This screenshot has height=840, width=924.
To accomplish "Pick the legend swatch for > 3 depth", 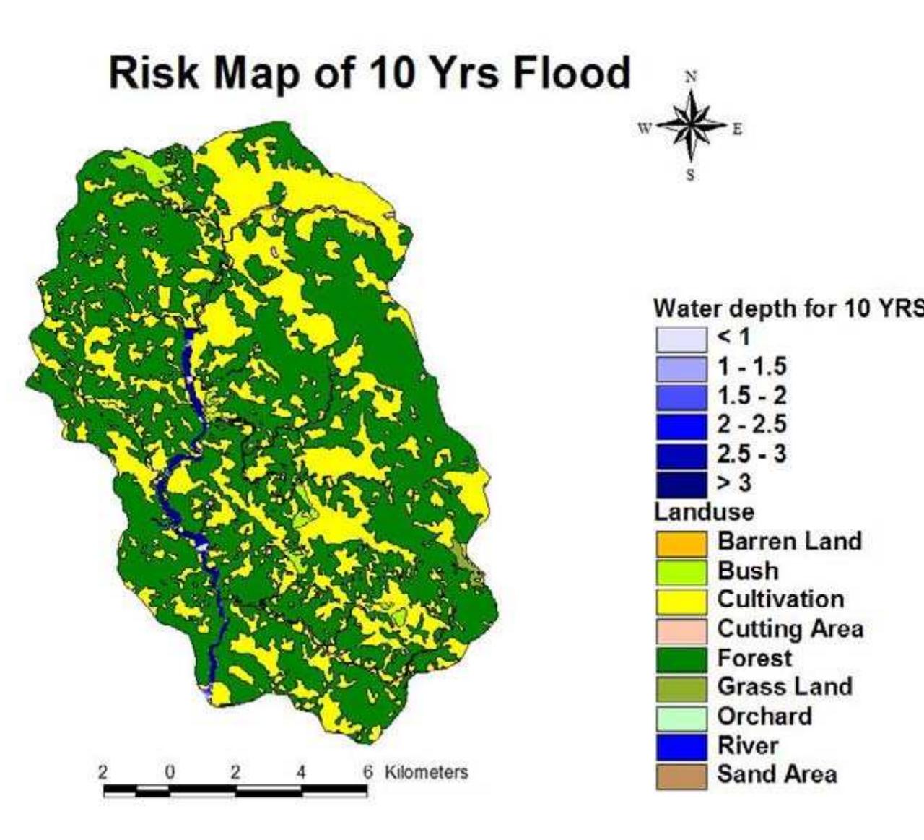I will coord(681,483).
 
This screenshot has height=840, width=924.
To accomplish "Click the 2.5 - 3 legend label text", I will coord(751,454).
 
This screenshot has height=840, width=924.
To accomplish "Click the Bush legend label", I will coord(748,571).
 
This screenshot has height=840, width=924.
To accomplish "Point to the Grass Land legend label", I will coord(785,686).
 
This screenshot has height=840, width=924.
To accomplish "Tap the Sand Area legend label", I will coord(777,774).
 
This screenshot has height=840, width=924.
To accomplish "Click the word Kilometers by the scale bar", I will coord(426,772).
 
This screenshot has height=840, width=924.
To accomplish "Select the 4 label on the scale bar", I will coord(301,772).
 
